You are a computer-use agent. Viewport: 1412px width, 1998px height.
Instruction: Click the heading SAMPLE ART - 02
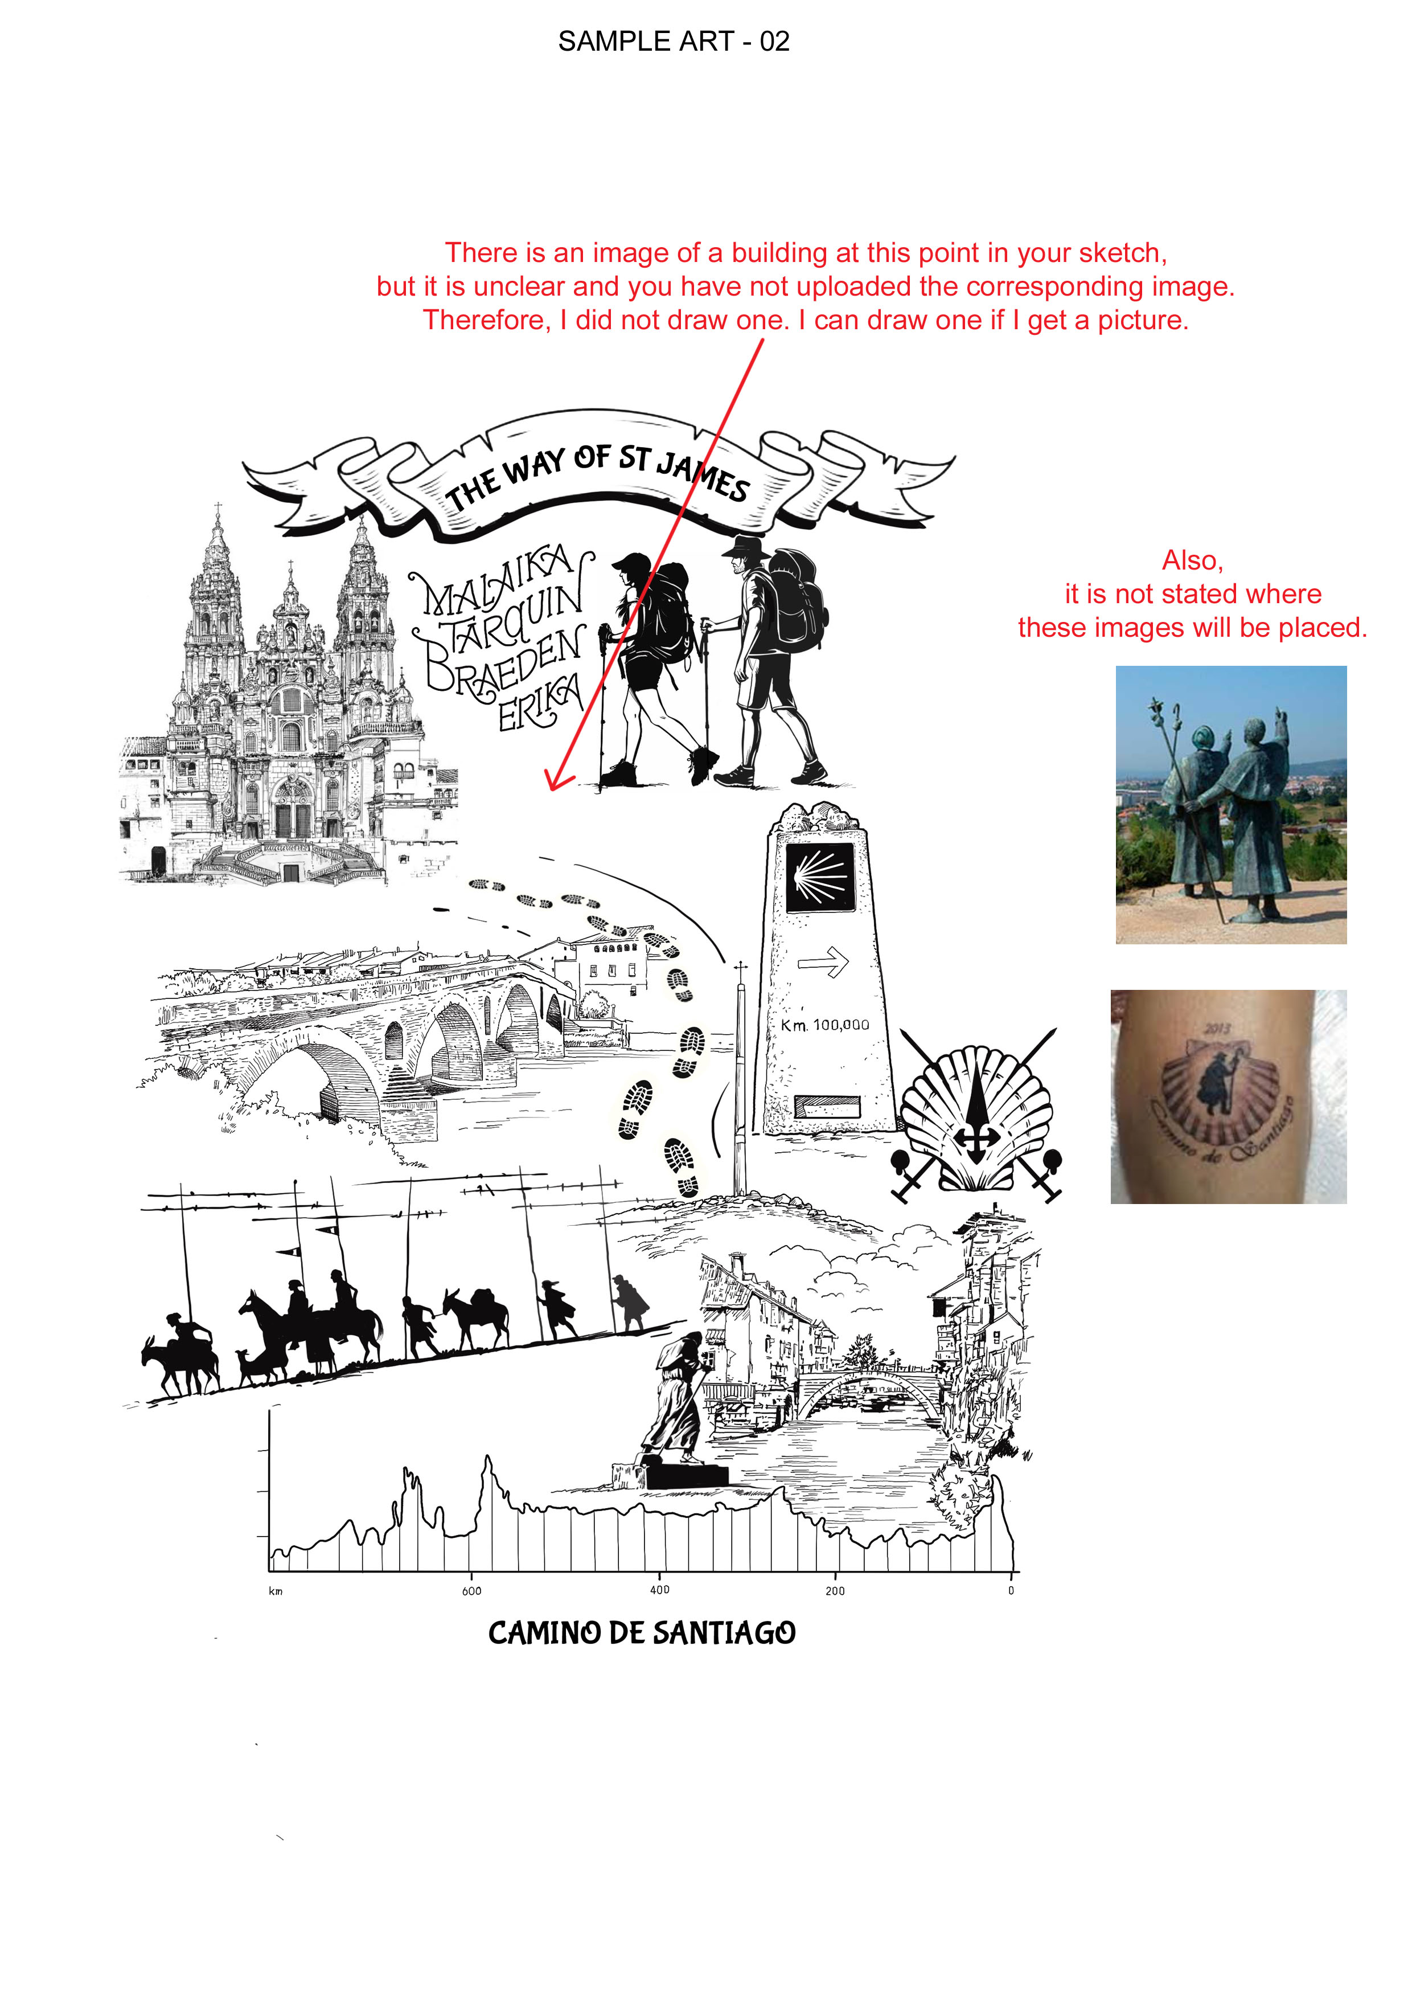tap(674, 41)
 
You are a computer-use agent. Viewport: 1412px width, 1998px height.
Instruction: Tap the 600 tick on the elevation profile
tap(471, 1591)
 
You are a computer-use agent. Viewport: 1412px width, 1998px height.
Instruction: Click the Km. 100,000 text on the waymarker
tap(825, 1025)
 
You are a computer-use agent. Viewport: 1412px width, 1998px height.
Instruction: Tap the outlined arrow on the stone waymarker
tap(823, 961)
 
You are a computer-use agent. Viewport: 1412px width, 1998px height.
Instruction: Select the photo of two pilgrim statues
tap(1231, 805)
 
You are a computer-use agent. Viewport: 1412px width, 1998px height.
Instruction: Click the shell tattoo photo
tap(1229, 1096)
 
